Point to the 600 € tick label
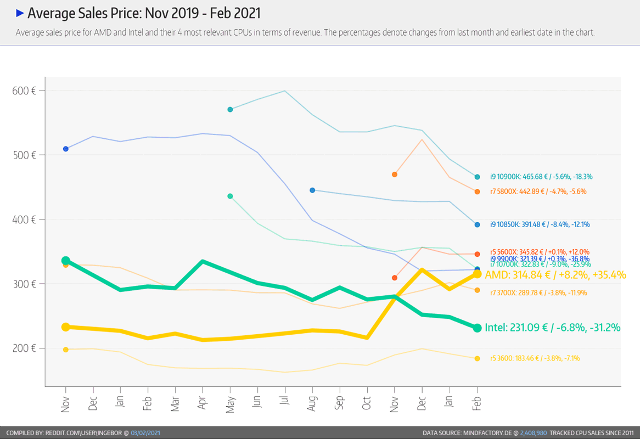(24, 91)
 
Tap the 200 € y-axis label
(24, 348)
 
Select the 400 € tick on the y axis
(24, 219)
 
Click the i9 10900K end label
(541, 177)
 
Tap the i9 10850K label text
(540, 224)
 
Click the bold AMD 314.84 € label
(555, 275)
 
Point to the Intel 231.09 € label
(552, 328)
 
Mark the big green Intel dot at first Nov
(66, 261)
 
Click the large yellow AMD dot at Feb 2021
(478, 274)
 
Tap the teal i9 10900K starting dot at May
(230, 110)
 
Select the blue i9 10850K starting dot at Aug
(312, 190)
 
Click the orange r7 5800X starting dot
(395, 175)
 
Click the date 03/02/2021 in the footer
(145, 433)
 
